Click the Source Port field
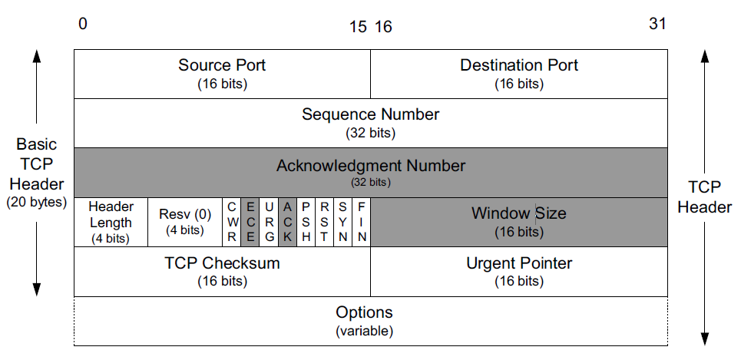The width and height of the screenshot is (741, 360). point(222,74)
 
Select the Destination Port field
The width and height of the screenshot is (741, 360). point(519,74)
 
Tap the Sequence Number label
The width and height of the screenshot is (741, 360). point(370,114)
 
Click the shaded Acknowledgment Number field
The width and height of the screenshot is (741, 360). point(371,173)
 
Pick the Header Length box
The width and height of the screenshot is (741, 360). point(111,222)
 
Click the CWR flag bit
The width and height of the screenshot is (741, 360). point(231,222)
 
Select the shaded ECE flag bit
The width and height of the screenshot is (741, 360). point(250,222)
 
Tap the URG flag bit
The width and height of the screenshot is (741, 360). point(269,222)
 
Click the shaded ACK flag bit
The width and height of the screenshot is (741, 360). point(287,222)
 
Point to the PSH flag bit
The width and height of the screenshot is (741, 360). point(306,222)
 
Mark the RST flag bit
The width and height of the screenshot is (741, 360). point(325,222)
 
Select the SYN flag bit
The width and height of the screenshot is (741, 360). point(343,222)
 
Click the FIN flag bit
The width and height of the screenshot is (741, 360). point(362,222)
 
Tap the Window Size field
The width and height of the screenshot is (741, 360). point(519,222)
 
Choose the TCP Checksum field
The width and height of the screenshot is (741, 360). point(222,271)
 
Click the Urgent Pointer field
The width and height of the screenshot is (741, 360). point(519,271)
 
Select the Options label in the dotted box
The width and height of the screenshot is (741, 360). point(364,312)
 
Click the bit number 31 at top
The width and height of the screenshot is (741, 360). point(657,24)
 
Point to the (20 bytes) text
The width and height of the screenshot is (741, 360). point(37,203)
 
